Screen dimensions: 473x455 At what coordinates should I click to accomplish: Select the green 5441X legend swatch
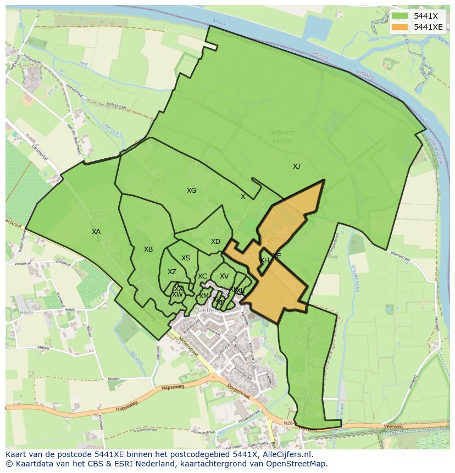pos(399,15)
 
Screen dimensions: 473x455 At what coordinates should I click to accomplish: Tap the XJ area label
pos(296,166)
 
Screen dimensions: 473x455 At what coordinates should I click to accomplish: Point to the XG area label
pos(191,191)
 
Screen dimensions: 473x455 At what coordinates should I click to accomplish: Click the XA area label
pos(96,232)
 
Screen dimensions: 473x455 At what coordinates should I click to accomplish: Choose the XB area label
pos(148,249)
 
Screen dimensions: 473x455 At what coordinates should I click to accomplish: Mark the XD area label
pos(215,242)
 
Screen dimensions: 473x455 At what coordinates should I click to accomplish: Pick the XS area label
pos(186,258)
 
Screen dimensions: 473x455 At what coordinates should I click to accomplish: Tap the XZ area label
pos(172,272)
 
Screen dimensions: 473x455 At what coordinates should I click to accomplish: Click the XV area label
pos(224,276)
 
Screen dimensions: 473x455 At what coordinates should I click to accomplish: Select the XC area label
pos(202,276)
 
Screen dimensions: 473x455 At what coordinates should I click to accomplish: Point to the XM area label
pos(203,296)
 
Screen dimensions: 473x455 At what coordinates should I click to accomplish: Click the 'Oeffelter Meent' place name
pos(282,136)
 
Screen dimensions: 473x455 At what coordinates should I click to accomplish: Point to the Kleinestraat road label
pos(399,256)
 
